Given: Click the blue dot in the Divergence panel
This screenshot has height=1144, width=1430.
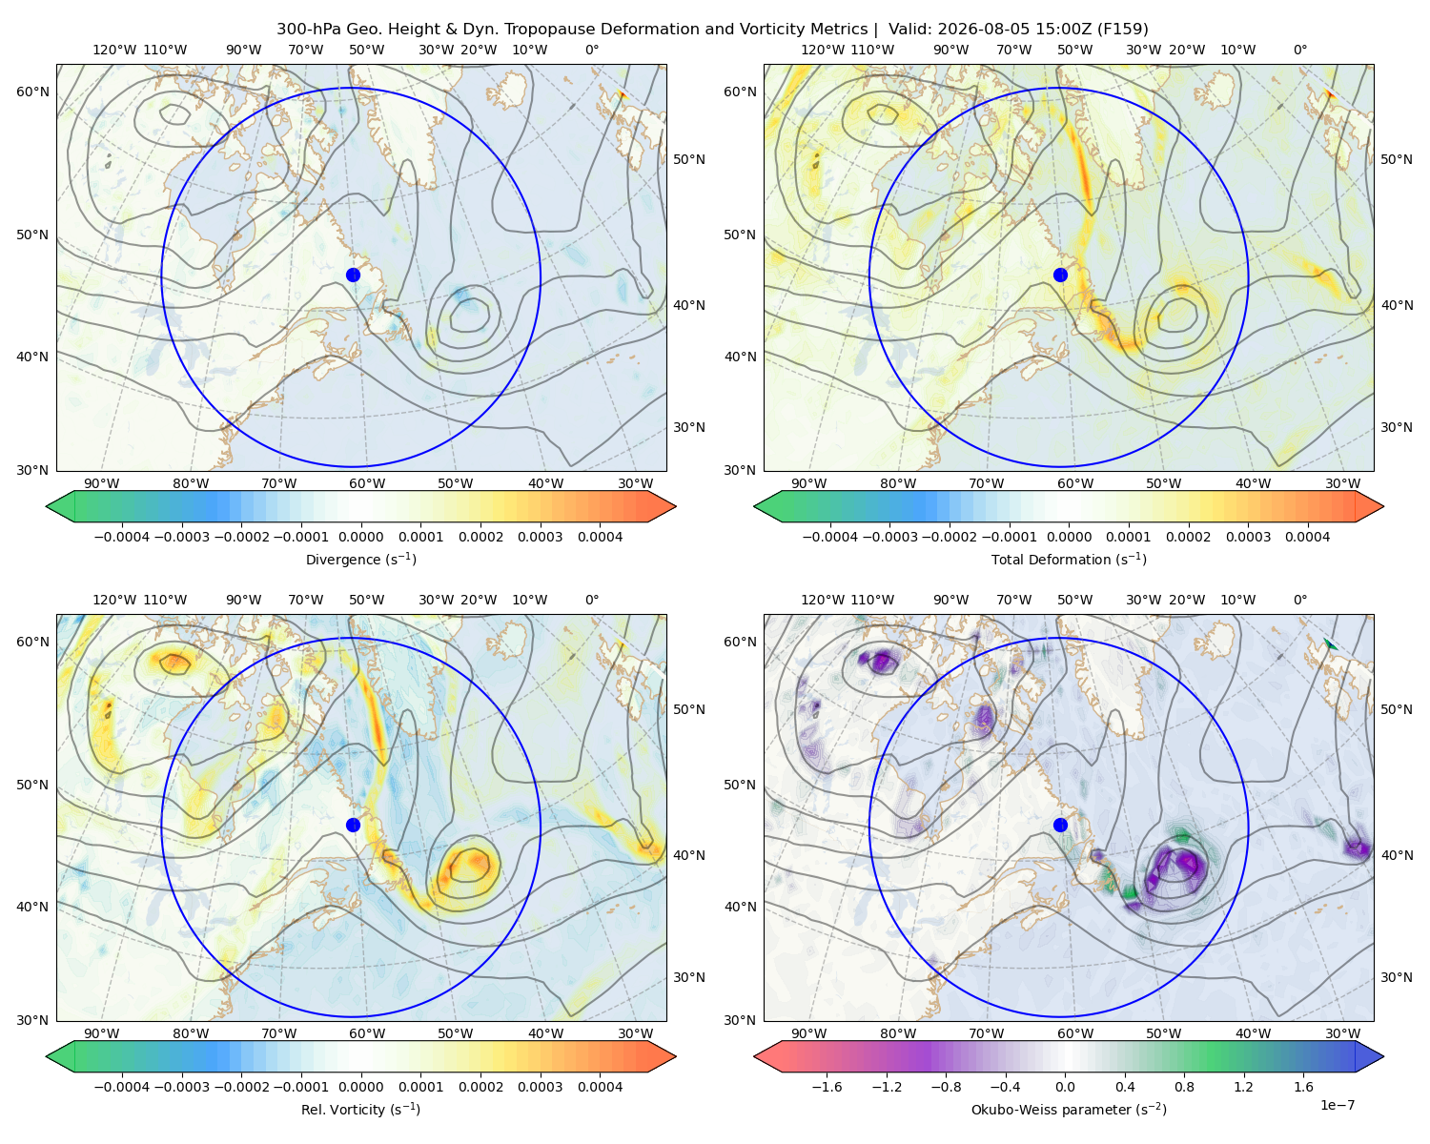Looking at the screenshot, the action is click(x=353, y=275).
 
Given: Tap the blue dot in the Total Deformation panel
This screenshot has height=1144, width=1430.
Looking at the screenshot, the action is click(x=1060, y=275).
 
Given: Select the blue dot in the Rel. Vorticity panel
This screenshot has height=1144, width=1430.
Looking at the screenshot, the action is click(x=353, y=825).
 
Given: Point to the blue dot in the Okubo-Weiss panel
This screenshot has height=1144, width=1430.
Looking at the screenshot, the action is click(x=1060, y=825).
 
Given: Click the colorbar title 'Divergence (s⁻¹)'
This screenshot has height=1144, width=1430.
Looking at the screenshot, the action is click(x=360, y=559).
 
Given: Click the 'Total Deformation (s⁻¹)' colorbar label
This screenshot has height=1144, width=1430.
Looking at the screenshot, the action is click(x=1069, y=559).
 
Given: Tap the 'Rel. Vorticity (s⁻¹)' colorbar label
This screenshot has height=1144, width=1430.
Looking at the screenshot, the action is click(x=360, y=1109).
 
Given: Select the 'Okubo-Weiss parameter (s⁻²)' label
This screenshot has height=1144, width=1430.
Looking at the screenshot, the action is click(x=1069, y=1109).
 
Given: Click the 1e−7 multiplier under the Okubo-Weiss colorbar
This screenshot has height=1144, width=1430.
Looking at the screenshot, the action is click(x=1337, y=1105).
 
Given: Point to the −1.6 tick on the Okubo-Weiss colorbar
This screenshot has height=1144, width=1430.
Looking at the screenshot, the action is click(x=827, y=1086).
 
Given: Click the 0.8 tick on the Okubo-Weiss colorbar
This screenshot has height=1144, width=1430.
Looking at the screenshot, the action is click(x=1184, y=1086).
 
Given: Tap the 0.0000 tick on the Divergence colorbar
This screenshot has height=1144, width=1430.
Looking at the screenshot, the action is click(x=360, y=537).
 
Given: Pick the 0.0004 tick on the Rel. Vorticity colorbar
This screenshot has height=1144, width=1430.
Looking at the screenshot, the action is click(x=600, y=1086).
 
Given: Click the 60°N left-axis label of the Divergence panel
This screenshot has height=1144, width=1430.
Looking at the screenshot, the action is click(x=32, y=92).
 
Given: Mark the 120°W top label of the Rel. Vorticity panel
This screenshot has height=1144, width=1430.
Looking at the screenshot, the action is click(x=114, y=600).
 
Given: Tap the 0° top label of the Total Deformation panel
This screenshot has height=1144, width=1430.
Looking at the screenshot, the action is click(x=1300, y=50).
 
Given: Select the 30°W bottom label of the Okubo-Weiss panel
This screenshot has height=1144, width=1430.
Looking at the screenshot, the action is click(x=1343, y=1033).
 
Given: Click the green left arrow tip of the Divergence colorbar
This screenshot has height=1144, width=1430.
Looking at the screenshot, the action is click(x=47, y=506).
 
